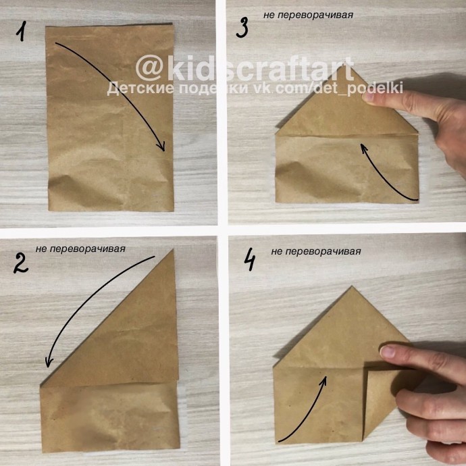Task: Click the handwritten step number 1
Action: tap(21, 30)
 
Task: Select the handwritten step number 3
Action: tap(242, 28)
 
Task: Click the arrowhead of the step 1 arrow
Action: tap(161, 147)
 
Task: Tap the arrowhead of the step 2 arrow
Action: tap(49, 362)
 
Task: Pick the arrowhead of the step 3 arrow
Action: tap(363, 147)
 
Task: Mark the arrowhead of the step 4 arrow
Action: tap(324, 381)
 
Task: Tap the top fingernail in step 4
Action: tap(388, 352)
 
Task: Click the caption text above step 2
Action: tap(80, 249)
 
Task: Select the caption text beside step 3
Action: tap(308, 15)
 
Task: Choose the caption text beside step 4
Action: tap(316, 251)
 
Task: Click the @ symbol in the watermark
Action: tap(149, 68)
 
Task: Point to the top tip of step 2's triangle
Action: tap(173, 250)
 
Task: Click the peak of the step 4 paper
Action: tap(352, 286)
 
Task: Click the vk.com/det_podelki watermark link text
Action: tap(328, 88)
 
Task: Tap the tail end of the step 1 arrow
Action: tap(56, 43)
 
